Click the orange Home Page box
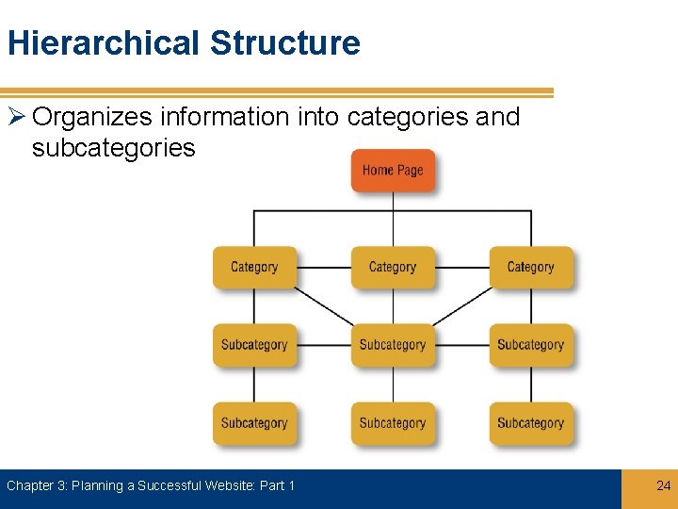coord(393,171)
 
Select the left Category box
coord(254,267)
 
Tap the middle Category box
coord(393,267)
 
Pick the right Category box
coord(530,267)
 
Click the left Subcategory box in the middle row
coord(254,345)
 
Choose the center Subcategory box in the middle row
coord(393,345)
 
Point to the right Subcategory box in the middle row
coord(530,345)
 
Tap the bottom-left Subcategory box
coord(254,423)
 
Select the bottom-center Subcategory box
coord(393,423)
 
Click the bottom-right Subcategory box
coord(530,423)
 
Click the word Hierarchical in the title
coord(104,43)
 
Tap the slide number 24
coord(663,485)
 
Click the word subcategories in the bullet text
coord(113,148)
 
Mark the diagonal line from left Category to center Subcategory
coord(323,305)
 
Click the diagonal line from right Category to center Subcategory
coord(461,305)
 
